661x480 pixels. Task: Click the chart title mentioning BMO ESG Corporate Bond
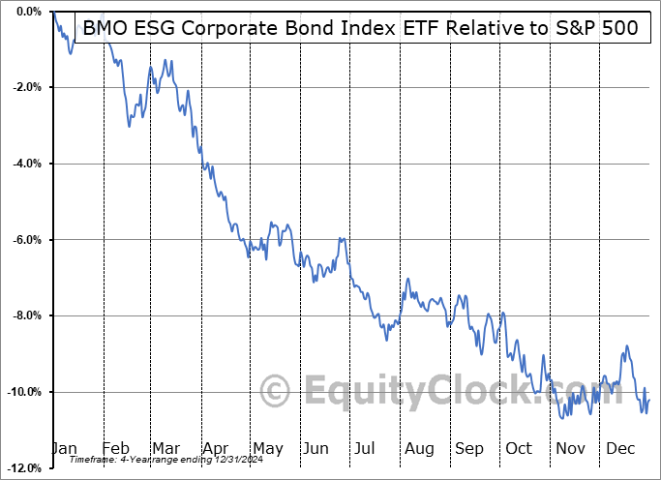pos(360,28)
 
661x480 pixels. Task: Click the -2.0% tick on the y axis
pos(23,87)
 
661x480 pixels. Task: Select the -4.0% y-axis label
pos(23,164)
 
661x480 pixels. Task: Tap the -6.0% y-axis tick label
pos(23,240)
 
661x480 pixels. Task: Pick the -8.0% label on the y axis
pos(23,315)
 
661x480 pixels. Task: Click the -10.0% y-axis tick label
pos(21,392)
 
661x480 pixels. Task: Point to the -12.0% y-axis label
pos(21,468)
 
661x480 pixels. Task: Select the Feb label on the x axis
pos(115,448)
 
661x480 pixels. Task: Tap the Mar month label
pos(165,448)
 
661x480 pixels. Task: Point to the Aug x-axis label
pos(418,448)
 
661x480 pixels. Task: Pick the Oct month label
pos(519,448)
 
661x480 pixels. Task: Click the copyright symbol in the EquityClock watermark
pos(277,392)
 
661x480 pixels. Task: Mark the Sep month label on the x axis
pos(468,448)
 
